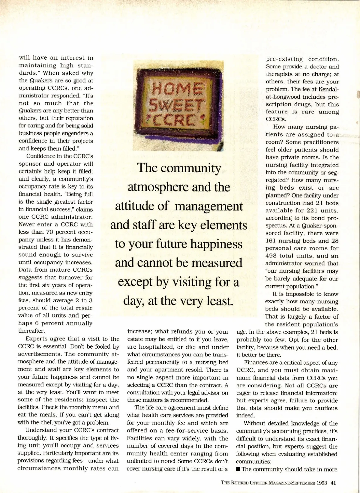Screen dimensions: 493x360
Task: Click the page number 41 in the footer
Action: (333, 483)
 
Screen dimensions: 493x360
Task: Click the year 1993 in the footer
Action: (321, 483)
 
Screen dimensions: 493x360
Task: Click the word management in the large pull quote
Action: (209, 207)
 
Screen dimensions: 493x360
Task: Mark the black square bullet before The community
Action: (238, 469)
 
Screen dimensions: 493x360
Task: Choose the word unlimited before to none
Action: (139, 461)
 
